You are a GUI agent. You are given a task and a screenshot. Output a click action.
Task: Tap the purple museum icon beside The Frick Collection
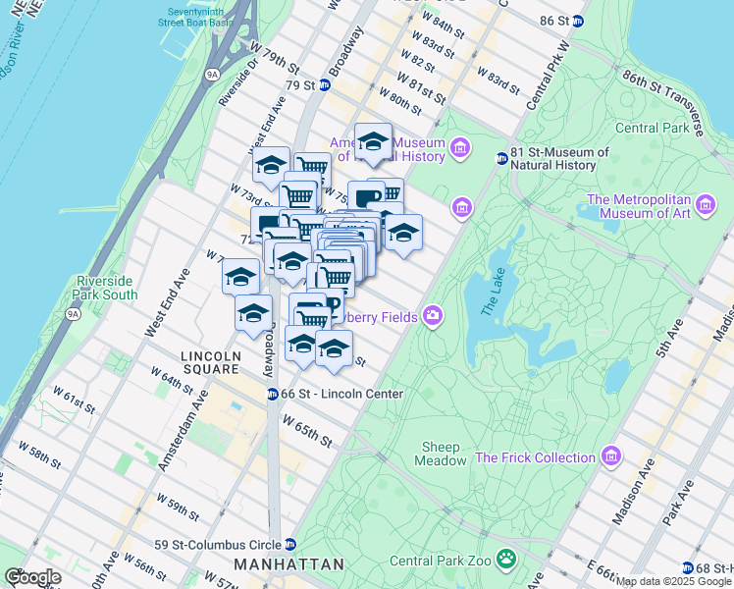(611, 457)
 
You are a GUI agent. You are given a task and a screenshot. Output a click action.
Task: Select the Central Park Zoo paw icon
(505, 561)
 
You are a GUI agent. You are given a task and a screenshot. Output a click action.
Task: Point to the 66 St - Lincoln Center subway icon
(272, 394)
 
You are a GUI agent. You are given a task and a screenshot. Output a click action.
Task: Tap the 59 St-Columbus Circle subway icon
(290, 544)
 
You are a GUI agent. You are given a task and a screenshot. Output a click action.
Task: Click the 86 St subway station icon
(580, 20)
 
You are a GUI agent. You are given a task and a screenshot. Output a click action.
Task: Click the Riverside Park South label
(105, 288)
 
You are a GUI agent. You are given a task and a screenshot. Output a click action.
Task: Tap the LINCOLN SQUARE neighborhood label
(210, 362)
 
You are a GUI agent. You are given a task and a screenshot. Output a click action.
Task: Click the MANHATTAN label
(288, 564)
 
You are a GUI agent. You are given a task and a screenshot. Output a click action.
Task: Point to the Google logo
(32, 577)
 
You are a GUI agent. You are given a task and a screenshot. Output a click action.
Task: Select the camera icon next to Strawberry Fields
(433, 316)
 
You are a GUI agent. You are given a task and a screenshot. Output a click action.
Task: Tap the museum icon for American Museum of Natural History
(461, 149)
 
